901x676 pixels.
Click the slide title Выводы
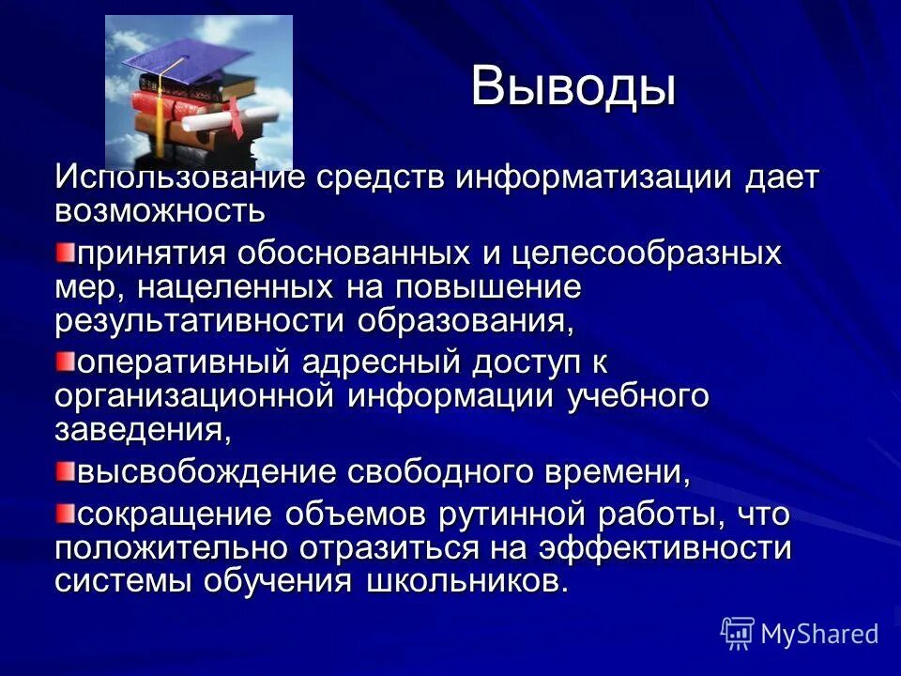point(573,87)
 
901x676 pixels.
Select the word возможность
point(160,210)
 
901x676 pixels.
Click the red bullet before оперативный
point(63,361)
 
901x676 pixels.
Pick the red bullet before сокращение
point(63,513)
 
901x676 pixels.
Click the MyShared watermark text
point(819,634)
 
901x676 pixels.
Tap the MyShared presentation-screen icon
point(738,634)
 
